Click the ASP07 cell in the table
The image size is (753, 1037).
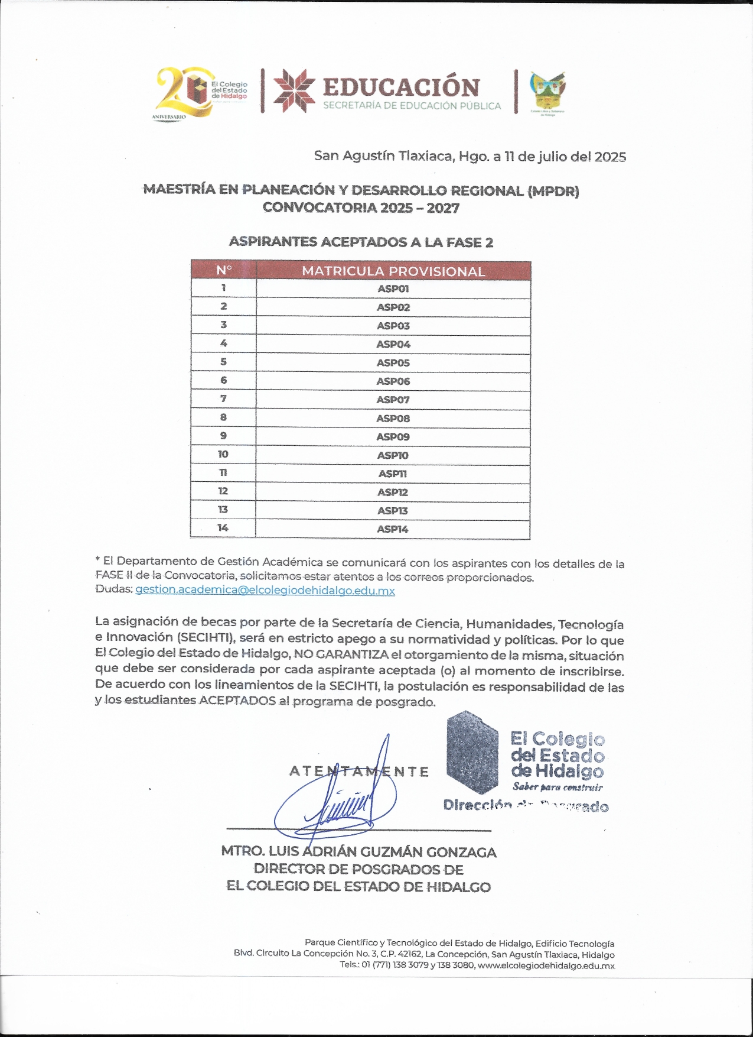coord(393,400)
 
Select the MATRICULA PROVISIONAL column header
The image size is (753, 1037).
coord(393,271)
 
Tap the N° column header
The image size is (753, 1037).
coord(224,270)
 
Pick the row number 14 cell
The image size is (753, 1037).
coord(223,527)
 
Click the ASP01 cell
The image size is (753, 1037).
coord(393,289)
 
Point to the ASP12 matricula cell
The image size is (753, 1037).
coord(393,492)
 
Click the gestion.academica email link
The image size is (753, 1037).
coord(265,590)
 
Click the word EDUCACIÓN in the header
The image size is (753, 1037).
coord(401,88)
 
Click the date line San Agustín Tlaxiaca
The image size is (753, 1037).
coord(470,157)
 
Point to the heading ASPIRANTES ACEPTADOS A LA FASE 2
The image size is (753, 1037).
coord(361,242)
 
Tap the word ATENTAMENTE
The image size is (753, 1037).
coord(358,772)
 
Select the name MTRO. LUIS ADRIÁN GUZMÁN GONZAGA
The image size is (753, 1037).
coord(358,852)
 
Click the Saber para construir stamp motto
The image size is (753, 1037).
coord(558,787)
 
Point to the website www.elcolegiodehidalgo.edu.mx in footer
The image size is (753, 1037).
coord(546,965)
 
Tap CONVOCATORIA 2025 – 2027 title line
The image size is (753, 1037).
coord(361,208)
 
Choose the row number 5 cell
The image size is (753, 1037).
coord(223,362)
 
